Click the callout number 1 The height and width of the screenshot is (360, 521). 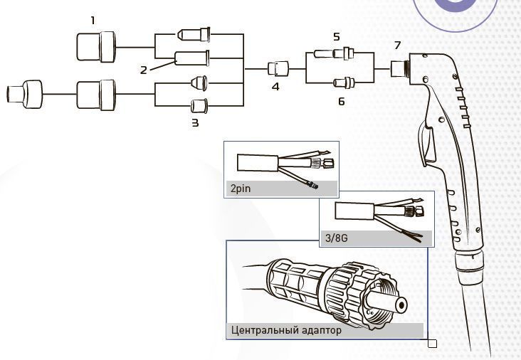(92, 20)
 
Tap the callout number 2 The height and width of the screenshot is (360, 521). (144, 70)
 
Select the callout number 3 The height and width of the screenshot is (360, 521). (195, 122)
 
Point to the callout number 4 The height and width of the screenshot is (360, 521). (275, 88)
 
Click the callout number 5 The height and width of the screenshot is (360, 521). (337, 36)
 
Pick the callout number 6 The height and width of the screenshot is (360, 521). (341, 102)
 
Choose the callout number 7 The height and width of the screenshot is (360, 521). (398, 45)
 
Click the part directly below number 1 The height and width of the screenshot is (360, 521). (96, 48)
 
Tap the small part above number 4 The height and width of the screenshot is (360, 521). (276, 70)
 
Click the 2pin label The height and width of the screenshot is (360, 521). (241, 190)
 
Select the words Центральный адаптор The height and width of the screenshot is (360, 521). (286, 331)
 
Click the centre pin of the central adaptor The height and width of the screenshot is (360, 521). (401, 304)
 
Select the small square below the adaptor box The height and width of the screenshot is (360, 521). (432, 344)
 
